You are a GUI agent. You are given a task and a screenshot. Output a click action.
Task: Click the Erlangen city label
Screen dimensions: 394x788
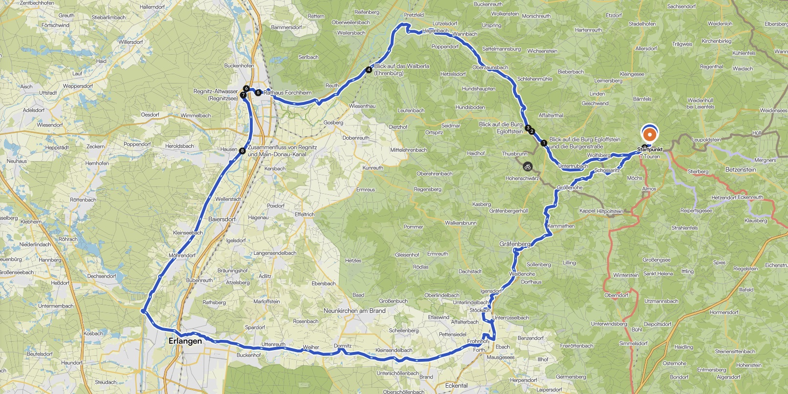pos(185,341)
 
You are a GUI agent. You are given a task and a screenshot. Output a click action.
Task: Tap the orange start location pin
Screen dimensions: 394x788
pos(649,134)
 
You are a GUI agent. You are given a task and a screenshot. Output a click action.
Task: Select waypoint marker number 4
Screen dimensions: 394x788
pos(369,70)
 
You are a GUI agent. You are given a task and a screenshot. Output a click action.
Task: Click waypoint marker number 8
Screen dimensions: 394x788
pos(242,151)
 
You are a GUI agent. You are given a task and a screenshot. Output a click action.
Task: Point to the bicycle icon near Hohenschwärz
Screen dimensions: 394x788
pos(527,167)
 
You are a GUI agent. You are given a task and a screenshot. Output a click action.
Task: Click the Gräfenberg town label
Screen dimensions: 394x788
pos(515,244)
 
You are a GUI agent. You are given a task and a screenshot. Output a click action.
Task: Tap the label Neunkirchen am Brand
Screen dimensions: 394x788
pos(354,311)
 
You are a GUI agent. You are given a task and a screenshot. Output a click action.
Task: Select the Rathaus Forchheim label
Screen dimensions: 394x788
pos(288,92)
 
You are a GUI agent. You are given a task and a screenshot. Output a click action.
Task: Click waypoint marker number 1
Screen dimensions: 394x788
pos(544,143)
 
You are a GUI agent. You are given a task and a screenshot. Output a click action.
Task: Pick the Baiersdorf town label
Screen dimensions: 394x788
pos(222,219)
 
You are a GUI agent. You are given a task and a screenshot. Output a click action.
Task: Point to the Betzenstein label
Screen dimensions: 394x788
pos(741,169)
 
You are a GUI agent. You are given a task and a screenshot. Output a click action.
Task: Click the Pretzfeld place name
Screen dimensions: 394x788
pos(414,15)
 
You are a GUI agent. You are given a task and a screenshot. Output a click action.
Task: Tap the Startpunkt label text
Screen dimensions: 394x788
pos(650,149)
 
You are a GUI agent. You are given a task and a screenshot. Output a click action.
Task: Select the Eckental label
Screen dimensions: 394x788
pos(456,385)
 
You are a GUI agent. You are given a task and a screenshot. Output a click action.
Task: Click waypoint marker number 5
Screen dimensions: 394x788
pos(258,92)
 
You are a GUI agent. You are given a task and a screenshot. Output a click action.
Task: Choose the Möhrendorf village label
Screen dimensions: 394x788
pos(182,255)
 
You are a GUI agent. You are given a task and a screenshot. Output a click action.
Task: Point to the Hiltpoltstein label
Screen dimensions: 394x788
pos(610,211)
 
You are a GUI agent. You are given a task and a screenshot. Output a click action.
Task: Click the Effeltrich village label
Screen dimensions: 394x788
pos(305,214)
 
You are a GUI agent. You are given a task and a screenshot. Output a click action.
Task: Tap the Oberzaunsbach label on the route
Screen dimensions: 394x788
pos(490,67)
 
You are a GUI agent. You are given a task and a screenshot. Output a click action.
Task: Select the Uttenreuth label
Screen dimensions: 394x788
pos(273,344)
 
